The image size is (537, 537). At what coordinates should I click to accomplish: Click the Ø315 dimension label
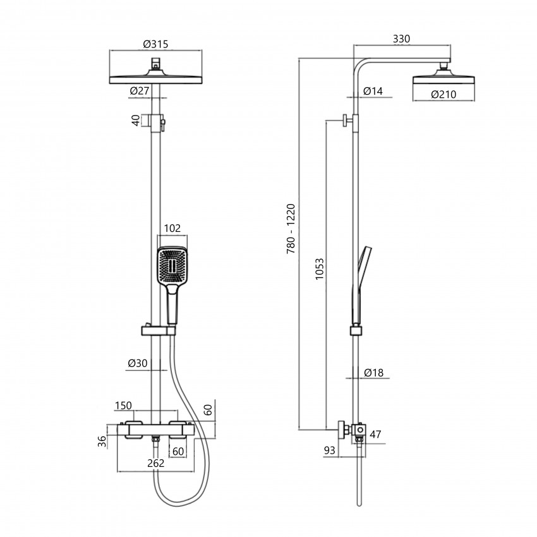click(x=155, y=44)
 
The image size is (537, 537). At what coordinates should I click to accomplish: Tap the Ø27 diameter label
click(x=140, y=91)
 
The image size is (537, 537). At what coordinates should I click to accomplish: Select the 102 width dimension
click(x=172, y=228)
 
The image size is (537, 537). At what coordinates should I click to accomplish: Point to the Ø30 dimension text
click(x=137, y=363)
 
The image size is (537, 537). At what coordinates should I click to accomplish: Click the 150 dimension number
click(x=123, y=406)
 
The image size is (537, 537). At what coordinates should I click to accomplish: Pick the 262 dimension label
click(x=156, y=463)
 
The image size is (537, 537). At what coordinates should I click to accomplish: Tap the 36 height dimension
click(x=102, y=442)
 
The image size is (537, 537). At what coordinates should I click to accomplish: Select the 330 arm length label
click(x=401, y=39)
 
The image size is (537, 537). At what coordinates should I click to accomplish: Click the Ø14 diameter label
click(x=373, y=91)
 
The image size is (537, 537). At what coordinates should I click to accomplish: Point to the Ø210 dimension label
click(x=443, y=94)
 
